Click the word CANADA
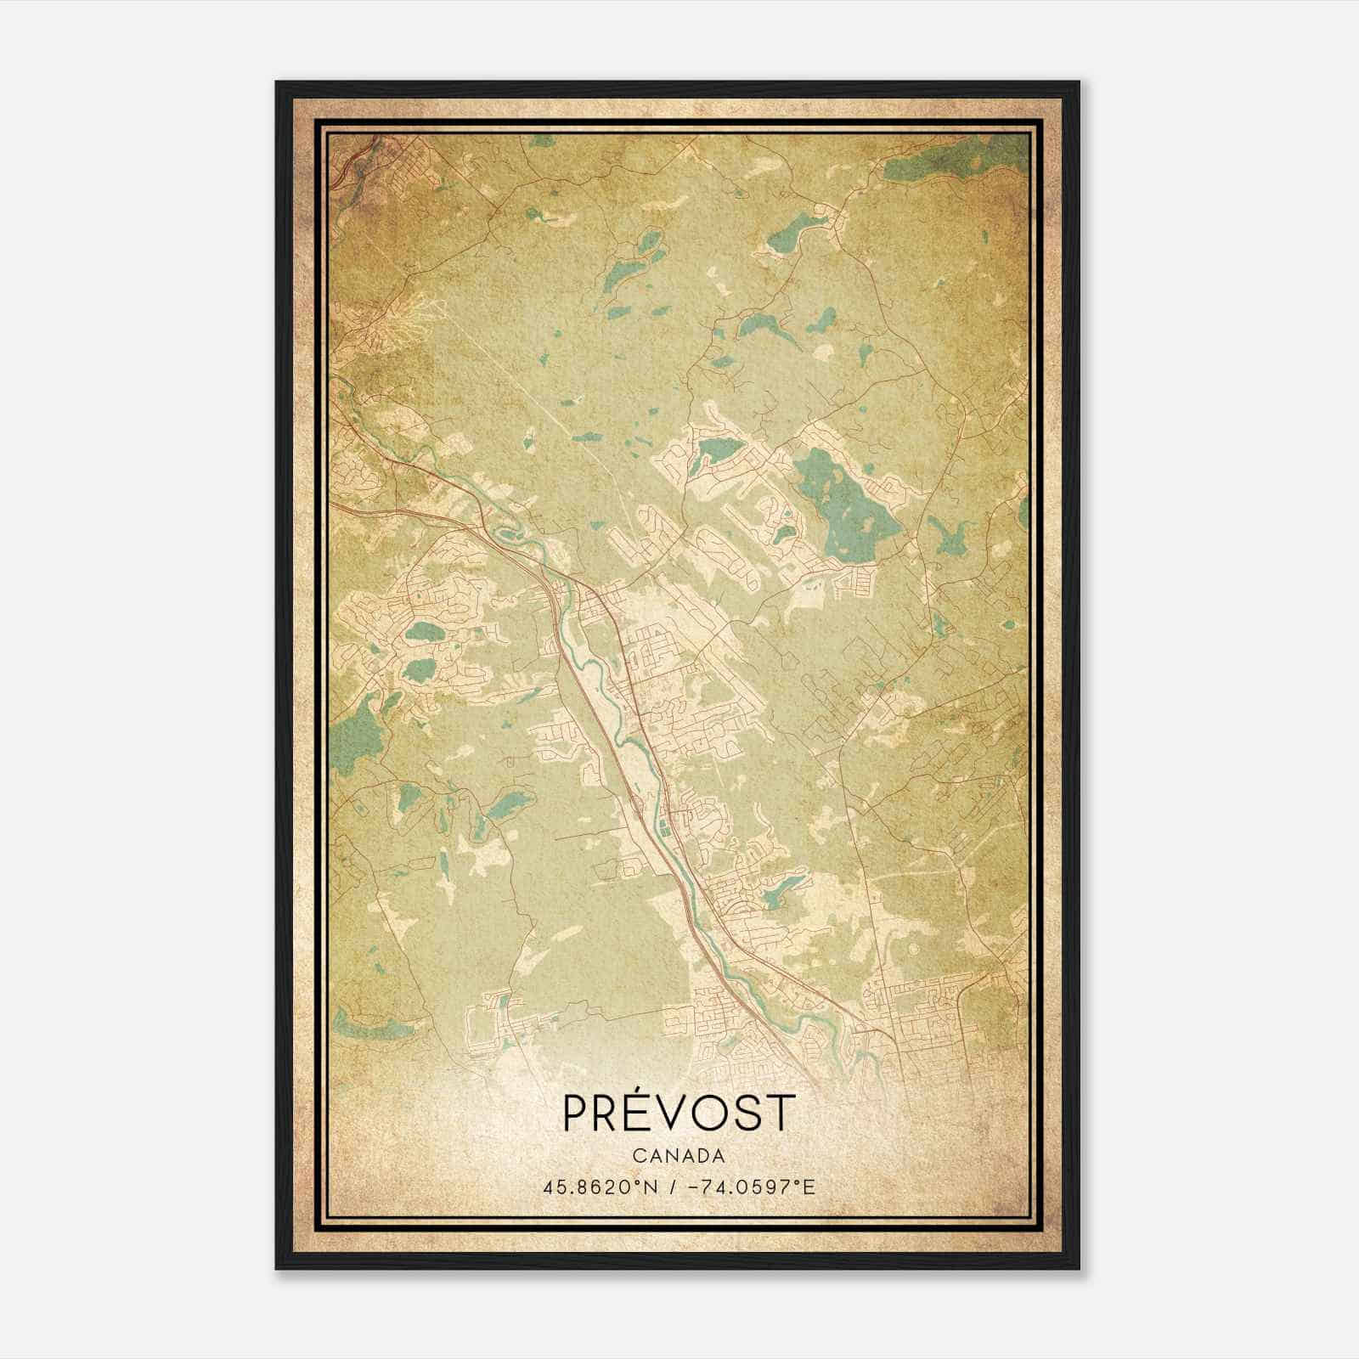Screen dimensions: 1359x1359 point(678,1156)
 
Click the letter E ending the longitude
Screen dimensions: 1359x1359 point(810,1187)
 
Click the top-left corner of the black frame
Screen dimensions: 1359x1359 point(277,82)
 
